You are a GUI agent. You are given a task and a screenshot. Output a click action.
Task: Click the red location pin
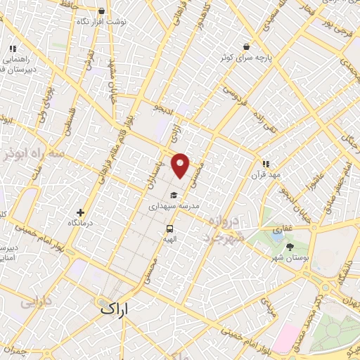click(x=181, y=165)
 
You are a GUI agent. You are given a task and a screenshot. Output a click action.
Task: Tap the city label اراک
click(x=114, y=308)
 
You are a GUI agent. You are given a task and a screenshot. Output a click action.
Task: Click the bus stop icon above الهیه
click(x=169, y=229)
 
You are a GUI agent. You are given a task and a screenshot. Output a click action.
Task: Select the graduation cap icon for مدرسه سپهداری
click(x=173, y=195)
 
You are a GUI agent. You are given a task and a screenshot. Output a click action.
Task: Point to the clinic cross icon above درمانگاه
click(x=81, y=212)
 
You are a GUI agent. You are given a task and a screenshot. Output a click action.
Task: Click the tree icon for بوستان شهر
click(x=290, y=246)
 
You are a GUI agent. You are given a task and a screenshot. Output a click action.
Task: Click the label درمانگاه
click(x=81, y=224)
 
